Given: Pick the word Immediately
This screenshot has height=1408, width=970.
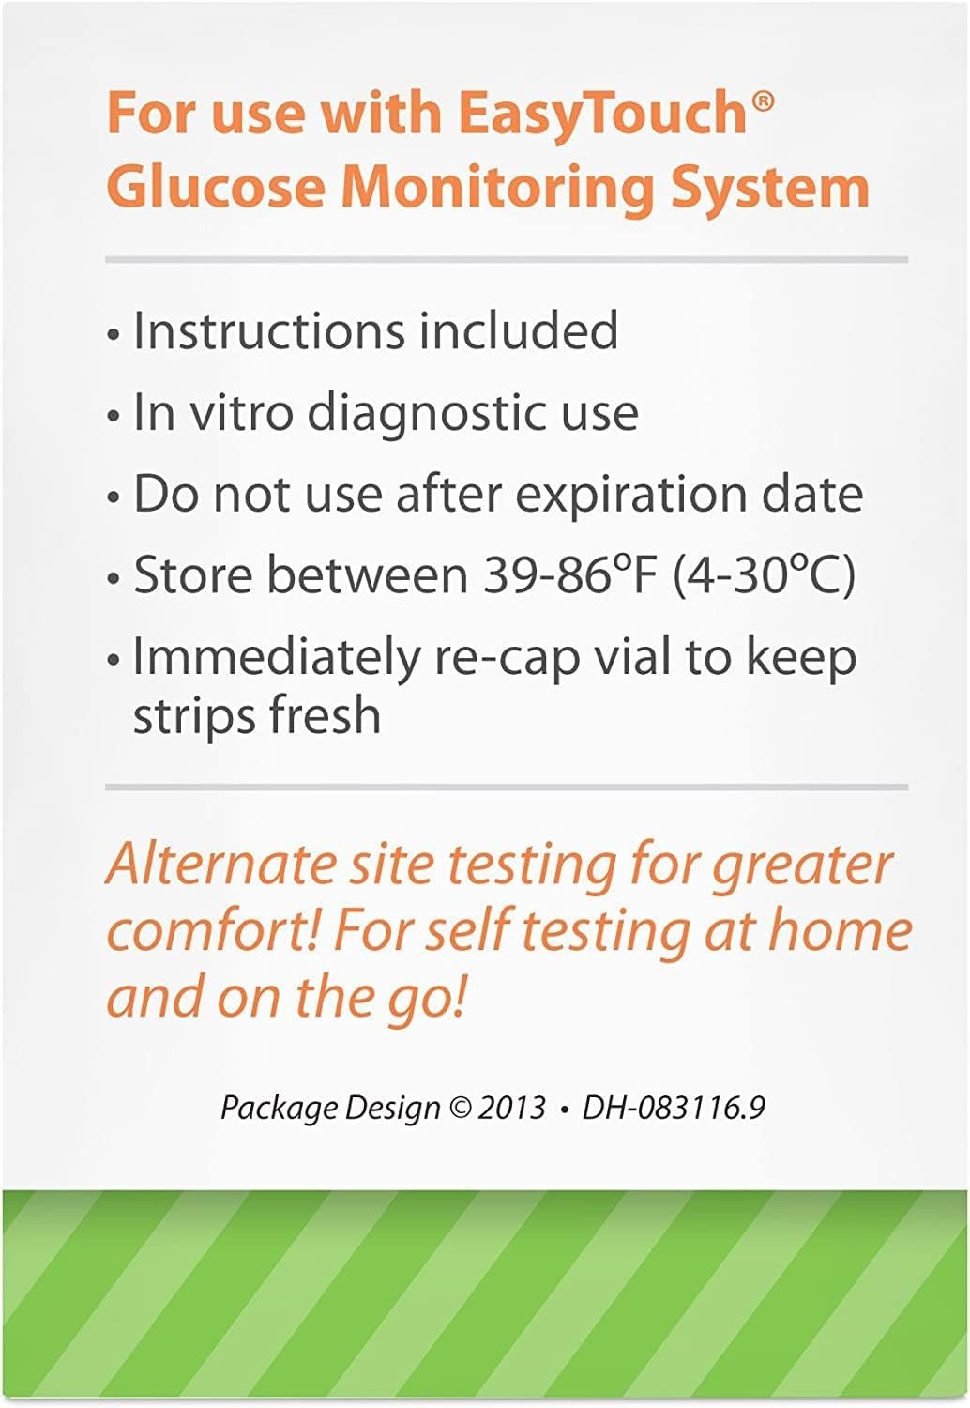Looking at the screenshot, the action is (276, 659).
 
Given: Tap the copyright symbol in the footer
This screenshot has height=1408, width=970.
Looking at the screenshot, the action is (462, 1108).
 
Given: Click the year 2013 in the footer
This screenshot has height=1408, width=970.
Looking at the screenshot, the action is (511, 1108).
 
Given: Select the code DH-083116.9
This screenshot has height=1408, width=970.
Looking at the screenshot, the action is (674, 1108).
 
